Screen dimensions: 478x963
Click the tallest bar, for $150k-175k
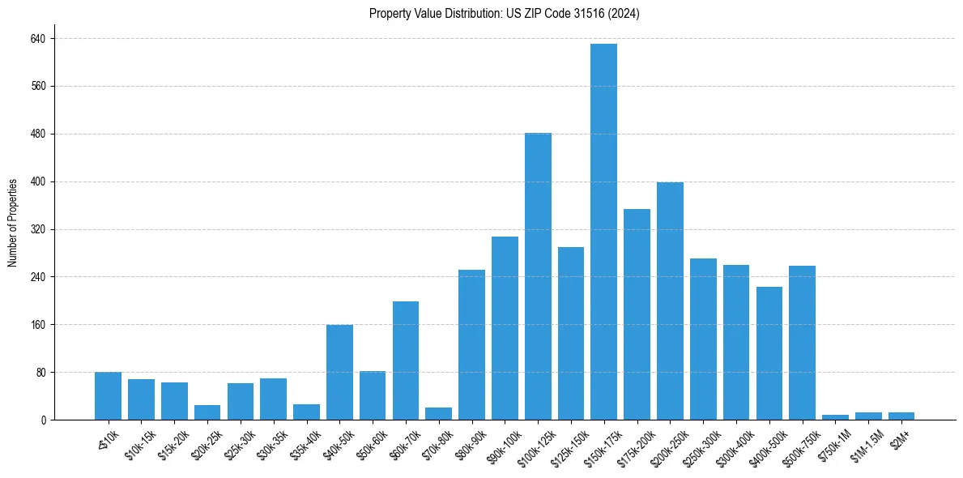point(603,232)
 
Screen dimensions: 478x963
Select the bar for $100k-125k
point(538,276)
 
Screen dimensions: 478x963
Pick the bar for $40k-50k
point(339,372)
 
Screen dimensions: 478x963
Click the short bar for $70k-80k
point(438,414)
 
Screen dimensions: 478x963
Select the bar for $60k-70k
point(406,361)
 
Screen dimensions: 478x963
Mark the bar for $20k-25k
point(207,412)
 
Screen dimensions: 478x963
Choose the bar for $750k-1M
point(835,417)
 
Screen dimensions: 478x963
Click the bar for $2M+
point(901,416)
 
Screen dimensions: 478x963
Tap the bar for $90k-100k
point(505,328)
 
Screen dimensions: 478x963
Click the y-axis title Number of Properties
point(12,223)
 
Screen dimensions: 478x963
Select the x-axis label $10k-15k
point(140,442)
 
